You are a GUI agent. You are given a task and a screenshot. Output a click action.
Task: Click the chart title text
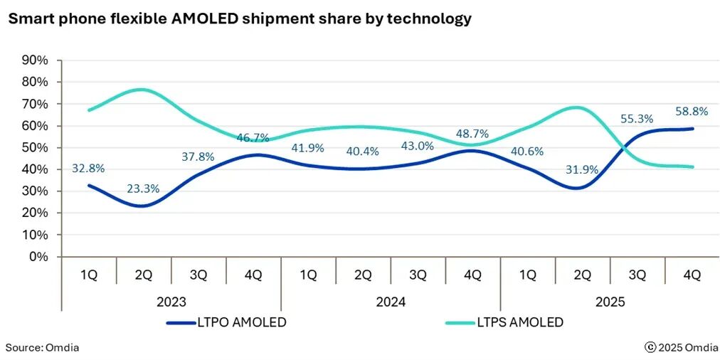(239, 19)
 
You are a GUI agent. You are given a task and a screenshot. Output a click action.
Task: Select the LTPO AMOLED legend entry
(226, 322)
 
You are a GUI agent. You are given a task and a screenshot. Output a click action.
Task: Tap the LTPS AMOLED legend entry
(504, 322)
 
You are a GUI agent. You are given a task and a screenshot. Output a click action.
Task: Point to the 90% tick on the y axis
(35, 60)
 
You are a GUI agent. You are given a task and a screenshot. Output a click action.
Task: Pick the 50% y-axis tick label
(35, 147)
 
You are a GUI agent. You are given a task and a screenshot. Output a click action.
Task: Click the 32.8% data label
(89, 169)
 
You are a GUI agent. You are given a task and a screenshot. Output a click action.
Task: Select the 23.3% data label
(143, 189)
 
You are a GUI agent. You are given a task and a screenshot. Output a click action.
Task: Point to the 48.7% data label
(472, 133)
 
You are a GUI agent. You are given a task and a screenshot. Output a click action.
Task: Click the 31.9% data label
(581, 169)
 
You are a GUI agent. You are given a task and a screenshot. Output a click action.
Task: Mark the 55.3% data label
(637, 119)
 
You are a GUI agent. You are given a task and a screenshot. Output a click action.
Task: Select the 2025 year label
(609, 302)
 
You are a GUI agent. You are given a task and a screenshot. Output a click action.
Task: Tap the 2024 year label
(390, 302)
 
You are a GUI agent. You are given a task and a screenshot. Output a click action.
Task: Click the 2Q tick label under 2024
(363, 275)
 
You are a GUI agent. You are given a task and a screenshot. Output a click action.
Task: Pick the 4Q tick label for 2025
(692, 275)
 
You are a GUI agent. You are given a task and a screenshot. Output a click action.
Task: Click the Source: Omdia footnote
(43, 347)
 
